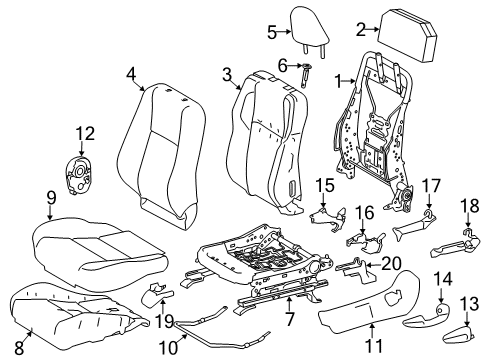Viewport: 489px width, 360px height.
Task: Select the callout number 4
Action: pos(131,72)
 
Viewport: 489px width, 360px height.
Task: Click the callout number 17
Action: pos(431,212)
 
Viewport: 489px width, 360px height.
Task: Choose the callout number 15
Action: pos(324,185)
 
